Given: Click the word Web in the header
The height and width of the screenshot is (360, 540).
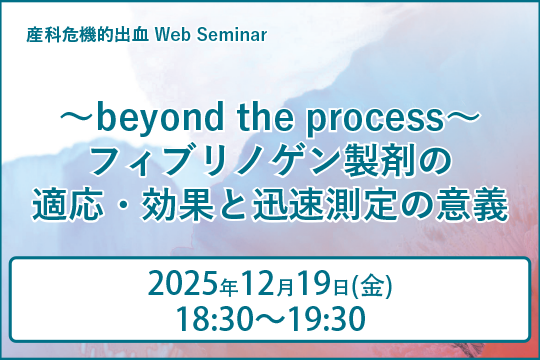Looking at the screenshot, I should pos(174,36).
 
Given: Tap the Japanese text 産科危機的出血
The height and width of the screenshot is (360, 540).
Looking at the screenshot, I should pos(91,36).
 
